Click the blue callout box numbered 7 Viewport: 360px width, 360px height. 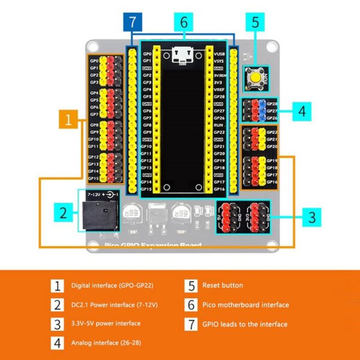[132, 23]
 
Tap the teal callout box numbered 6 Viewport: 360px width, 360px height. [184, 23]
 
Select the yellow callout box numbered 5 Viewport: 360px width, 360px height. [255, 23]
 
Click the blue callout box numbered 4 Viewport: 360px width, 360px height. [302, 111]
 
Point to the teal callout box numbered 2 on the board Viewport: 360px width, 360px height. [62, 213]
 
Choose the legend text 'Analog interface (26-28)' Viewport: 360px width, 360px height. [106, 343]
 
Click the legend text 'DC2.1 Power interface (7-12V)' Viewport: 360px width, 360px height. [114, 305]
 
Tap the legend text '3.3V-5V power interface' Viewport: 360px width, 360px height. [106, 324]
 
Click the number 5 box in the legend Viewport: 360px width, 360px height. [191, 286]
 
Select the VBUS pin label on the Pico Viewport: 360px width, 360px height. [219, 53]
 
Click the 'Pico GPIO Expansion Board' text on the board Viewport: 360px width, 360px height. [154, 245]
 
